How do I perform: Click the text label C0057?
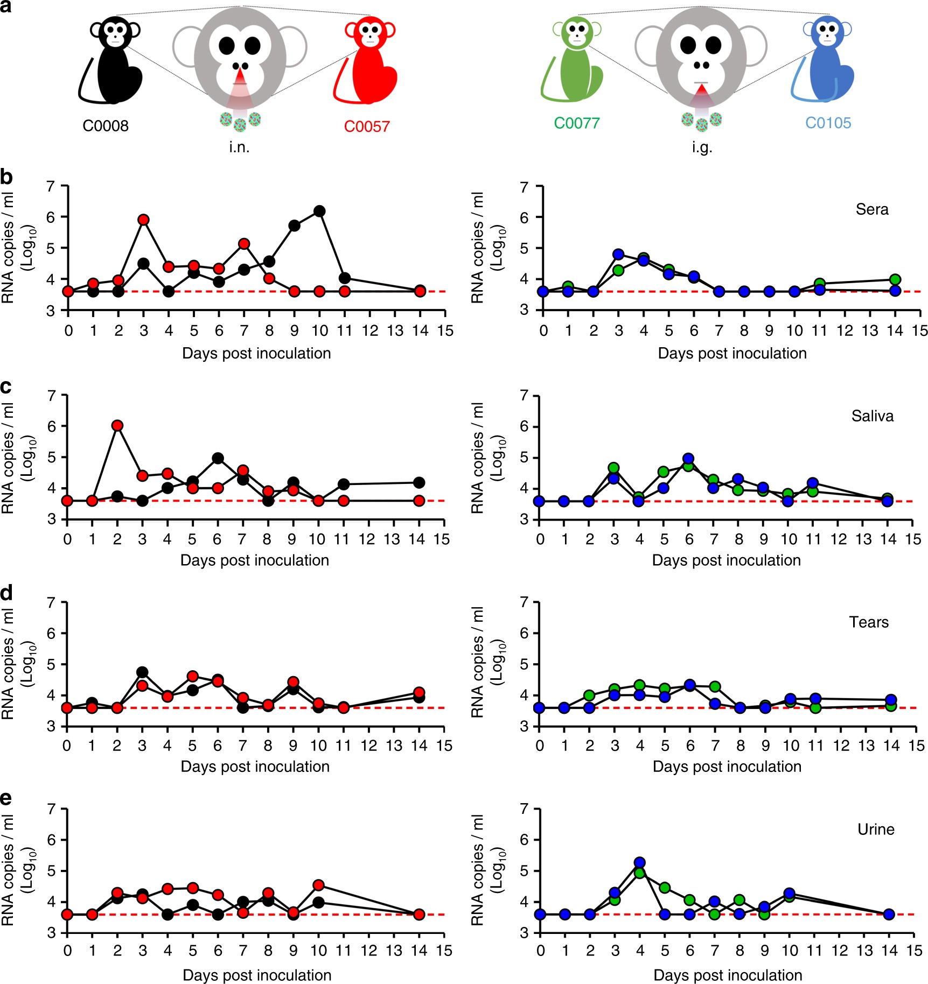point(367,126)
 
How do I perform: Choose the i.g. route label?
point(702,147)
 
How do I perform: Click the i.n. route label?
point(239,147)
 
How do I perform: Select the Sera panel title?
point(872,209)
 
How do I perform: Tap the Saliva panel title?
point(872,416)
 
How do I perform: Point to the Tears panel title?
point(868,622)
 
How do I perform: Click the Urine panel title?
point(876,830)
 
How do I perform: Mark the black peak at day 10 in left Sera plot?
point(319,211)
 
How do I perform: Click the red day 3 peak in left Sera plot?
point(143,220)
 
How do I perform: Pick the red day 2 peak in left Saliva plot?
point(117,426)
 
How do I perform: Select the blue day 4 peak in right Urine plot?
point(640,863)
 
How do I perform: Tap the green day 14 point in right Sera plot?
point(895,279)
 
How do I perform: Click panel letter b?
point(6,177)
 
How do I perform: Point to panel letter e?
point(6,798)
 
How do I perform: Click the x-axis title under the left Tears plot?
point(255,767)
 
